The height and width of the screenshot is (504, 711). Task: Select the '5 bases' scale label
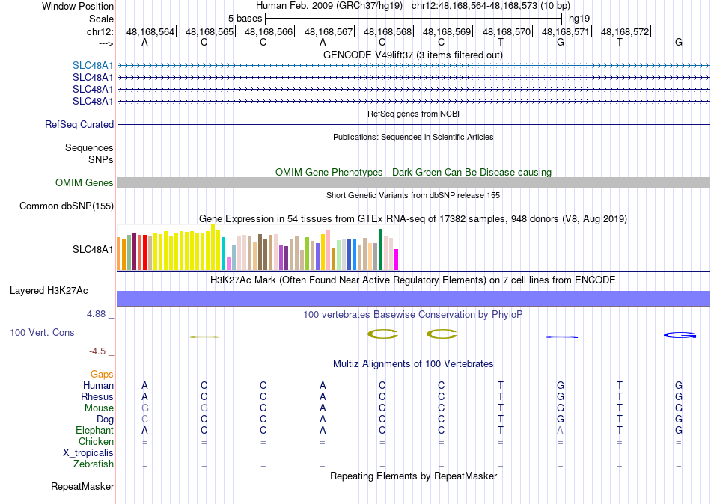[245, 18]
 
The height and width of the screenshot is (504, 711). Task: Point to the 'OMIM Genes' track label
[85, 183]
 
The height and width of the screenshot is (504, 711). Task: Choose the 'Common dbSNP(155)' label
[67, 206]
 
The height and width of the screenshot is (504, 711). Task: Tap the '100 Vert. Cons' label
[42, 332]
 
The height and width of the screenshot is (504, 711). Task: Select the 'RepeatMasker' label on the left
[82, 487]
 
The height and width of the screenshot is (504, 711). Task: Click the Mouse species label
[99, 408]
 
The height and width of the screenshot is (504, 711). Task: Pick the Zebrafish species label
[94, 464]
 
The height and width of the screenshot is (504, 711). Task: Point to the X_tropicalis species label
[88, 453]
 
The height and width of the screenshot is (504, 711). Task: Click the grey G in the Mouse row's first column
[144, 408]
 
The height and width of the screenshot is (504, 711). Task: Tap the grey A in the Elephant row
[560, 431]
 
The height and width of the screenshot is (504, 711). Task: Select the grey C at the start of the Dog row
[144, 420]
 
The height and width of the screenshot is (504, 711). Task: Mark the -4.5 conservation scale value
[99, 351]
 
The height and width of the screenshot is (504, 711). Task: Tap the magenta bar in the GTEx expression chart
[396, 259]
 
